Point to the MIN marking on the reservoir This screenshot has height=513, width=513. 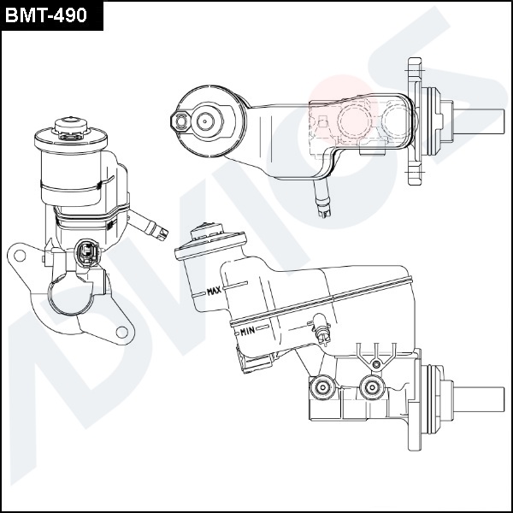point(248,330)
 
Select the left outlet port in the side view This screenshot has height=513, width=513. point(322,389)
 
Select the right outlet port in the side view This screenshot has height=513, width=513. point(370,389)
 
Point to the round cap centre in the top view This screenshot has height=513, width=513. point(206,121)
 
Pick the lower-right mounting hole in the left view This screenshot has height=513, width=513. point(123,331)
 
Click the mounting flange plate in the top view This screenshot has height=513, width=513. point(416,121)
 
